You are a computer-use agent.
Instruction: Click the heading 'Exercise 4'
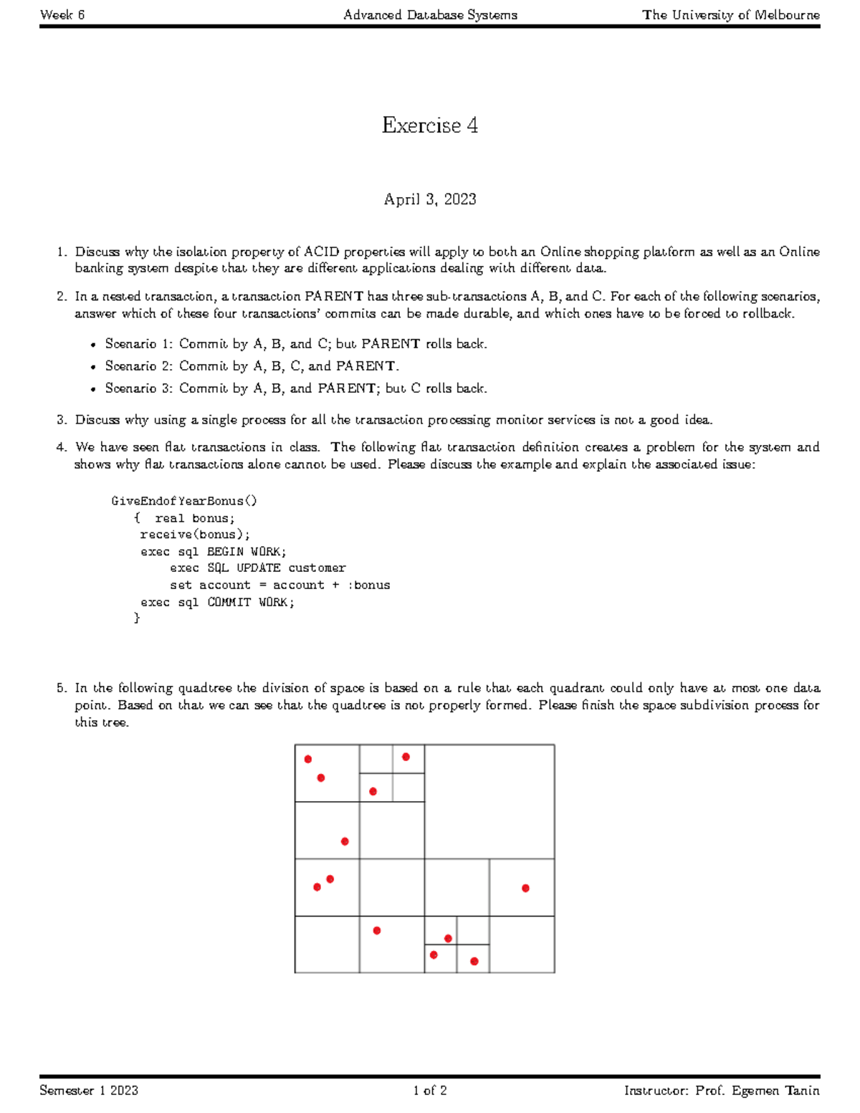click(x=429, y=125)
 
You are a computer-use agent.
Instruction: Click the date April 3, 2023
click(x=429, y=199)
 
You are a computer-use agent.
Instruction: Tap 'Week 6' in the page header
click(x=62, y=14)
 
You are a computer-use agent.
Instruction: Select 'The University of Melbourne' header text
click(x=730, y=14)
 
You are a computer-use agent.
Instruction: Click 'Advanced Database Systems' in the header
click(x=430, y=14)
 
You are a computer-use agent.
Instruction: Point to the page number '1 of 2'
click(x=429, y=1090)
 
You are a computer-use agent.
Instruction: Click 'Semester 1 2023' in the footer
click(x=89, y=1090)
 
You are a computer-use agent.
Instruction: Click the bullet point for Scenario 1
click(x=93, y=345)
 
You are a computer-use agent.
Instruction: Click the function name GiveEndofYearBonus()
click(x=184, y=501)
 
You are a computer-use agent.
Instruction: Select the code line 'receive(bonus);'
click(x=195, y=535)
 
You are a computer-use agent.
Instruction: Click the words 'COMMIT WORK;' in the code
click(x=251, y=602)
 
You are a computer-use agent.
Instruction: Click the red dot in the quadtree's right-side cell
click(x=525, y=888)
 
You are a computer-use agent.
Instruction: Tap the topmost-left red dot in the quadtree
click(x=308, y=759)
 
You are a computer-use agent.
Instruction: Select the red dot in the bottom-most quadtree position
click(x=474, y=961)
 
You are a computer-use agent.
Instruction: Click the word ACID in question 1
click(x=321, y=252)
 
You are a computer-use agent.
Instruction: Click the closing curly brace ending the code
click(x=137, y=618)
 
